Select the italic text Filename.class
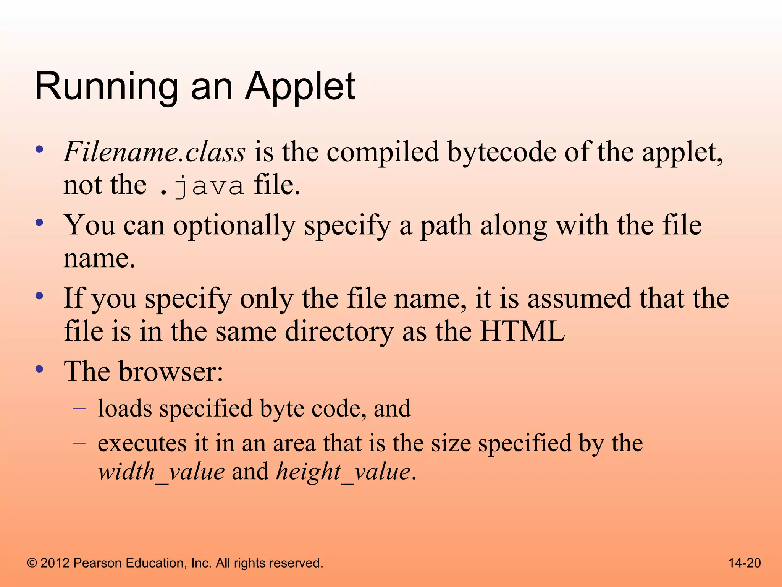pyautogui.click(x=154, y=152)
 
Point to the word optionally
pyautogui.click(x=234, y=225)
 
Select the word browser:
pyautogui.click(x=171, y=371)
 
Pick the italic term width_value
pyautogui.click(x=161, y=472)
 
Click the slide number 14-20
pyautogui.click(x=744, y=563)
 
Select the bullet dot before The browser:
pyautogui.click(x=39, y=369)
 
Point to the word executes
pyautogui.click(x=142, y=444)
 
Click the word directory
pyautogui.click(x=339, y=331)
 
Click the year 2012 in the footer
pyautogui.click(x=55, y=563)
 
